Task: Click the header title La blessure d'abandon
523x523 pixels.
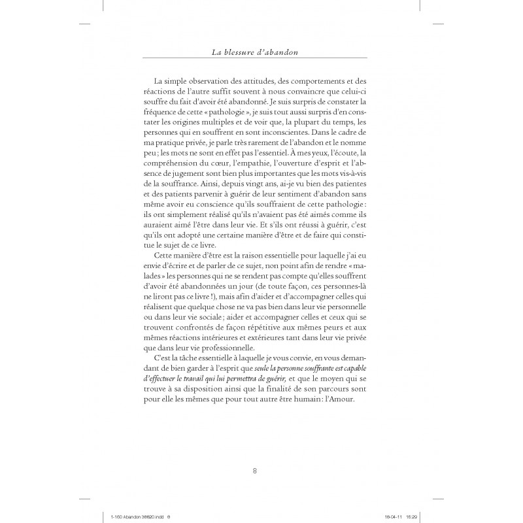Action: tap(261, 52)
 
